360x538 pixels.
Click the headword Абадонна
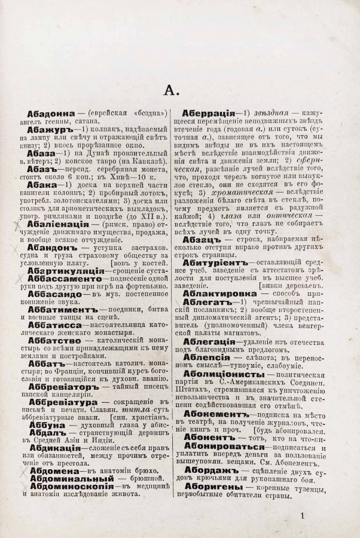pos(48,113)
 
